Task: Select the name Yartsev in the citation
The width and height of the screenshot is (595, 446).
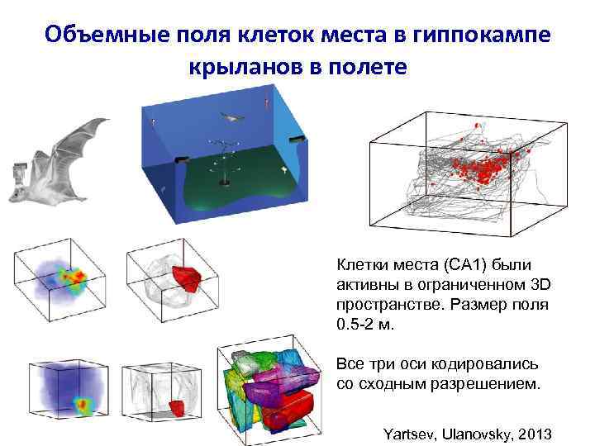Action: (410, 433)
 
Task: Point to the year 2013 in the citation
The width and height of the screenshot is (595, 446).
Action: (538, 433)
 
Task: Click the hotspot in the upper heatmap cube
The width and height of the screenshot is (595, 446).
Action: (77, 278)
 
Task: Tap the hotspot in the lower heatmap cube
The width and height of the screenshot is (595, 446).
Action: (83, 405)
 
